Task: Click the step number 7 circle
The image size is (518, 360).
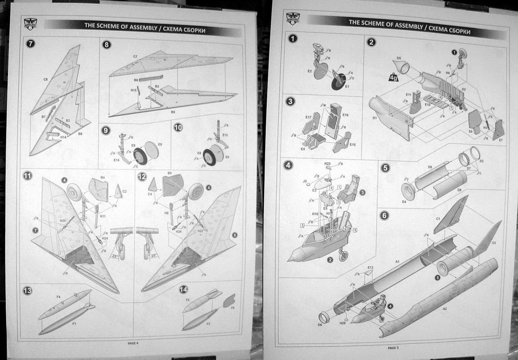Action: (x=31, y=44)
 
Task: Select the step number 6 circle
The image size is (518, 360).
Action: (x=385, y=215)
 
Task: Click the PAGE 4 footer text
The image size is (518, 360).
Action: (x=133, y=343)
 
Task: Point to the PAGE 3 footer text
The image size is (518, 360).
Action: (x=393, y=348)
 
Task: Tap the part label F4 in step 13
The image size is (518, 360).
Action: (x=58, y=297)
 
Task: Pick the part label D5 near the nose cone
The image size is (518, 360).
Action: (x=398, y=58)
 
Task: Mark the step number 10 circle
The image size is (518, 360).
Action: (x=178, y=127)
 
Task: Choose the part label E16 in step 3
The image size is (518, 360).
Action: (x=345, y=115)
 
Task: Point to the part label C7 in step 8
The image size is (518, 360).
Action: (x=135, y=57)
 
